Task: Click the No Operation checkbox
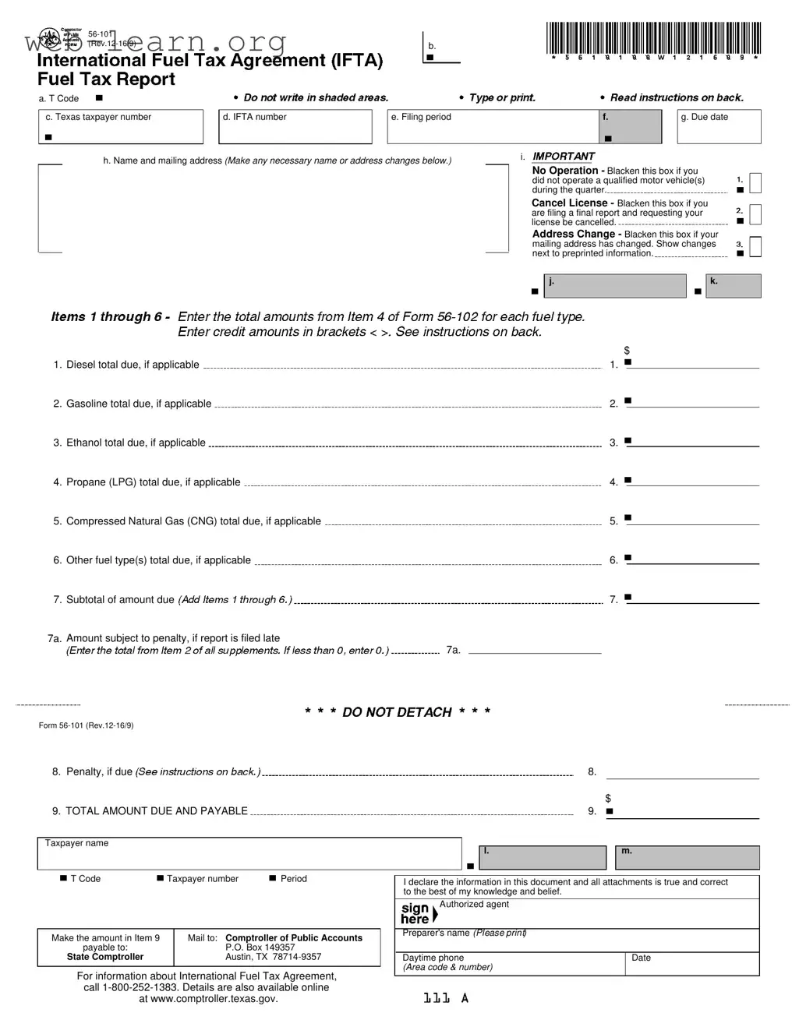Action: tap(755, 182)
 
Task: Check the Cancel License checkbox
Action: tap(755, 214)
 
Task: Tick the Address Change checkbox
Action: tap(755, 246)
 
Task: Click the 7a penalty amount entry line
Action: tap(535, 648)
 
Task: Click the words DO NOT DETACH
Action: tap(397, 712)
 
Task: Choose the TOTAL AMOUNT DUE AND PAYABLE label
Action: tap(157, 811)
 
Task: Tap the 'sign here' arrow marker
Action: tap(435, 914)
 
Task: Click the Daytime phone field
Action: tap(513, 964)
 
